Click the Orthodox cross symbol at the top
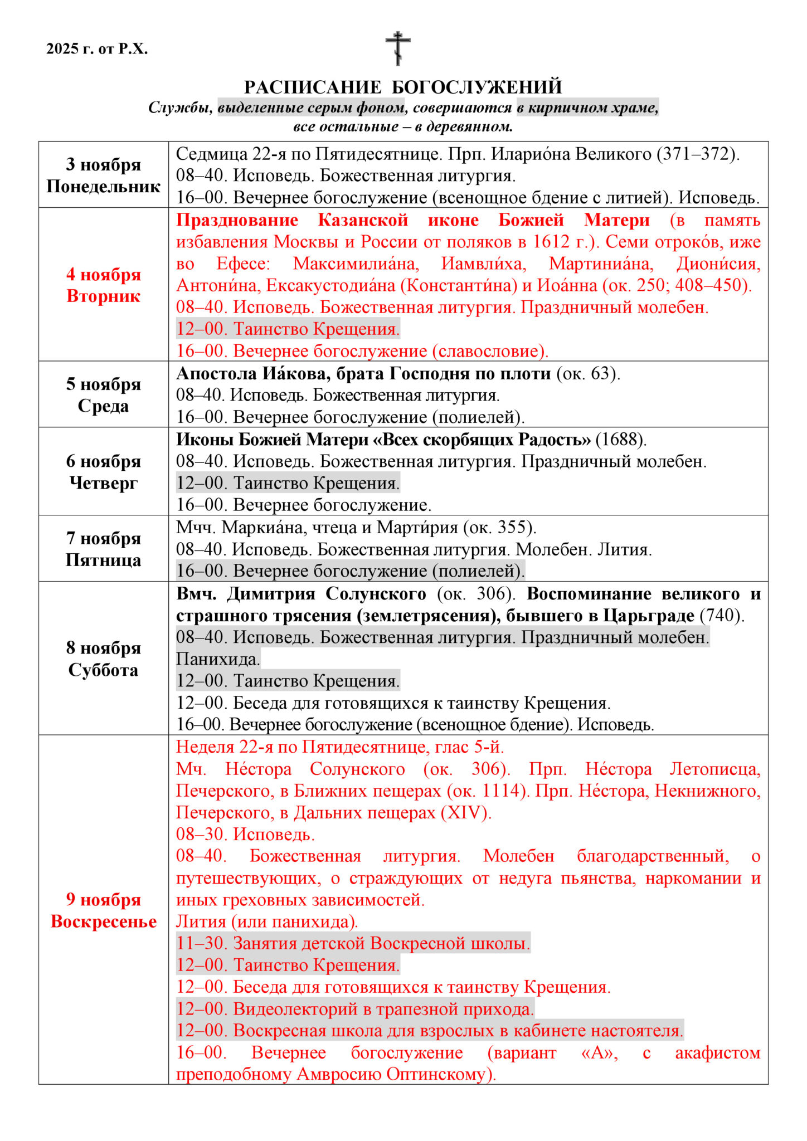point(398,48)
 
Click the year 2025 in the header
point(62,49)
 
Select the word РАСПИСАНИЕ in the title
point(313,87)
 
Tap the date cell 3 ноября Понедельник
point(103,175)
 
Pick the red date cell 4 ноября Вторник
point(103,285)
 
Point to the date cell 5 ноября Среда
point(103,394)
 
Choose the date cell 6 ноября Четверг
point(103,471)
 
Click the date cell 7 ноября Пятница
point(103,549)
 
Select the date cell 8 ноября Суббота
point(103,659)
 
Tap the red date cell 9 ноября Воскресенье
point(103,910)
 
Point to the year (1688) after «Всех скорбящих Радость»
point(621,440)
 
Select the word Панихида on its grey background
point(218,659)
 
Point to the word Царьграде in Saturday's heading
point(649,616)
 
